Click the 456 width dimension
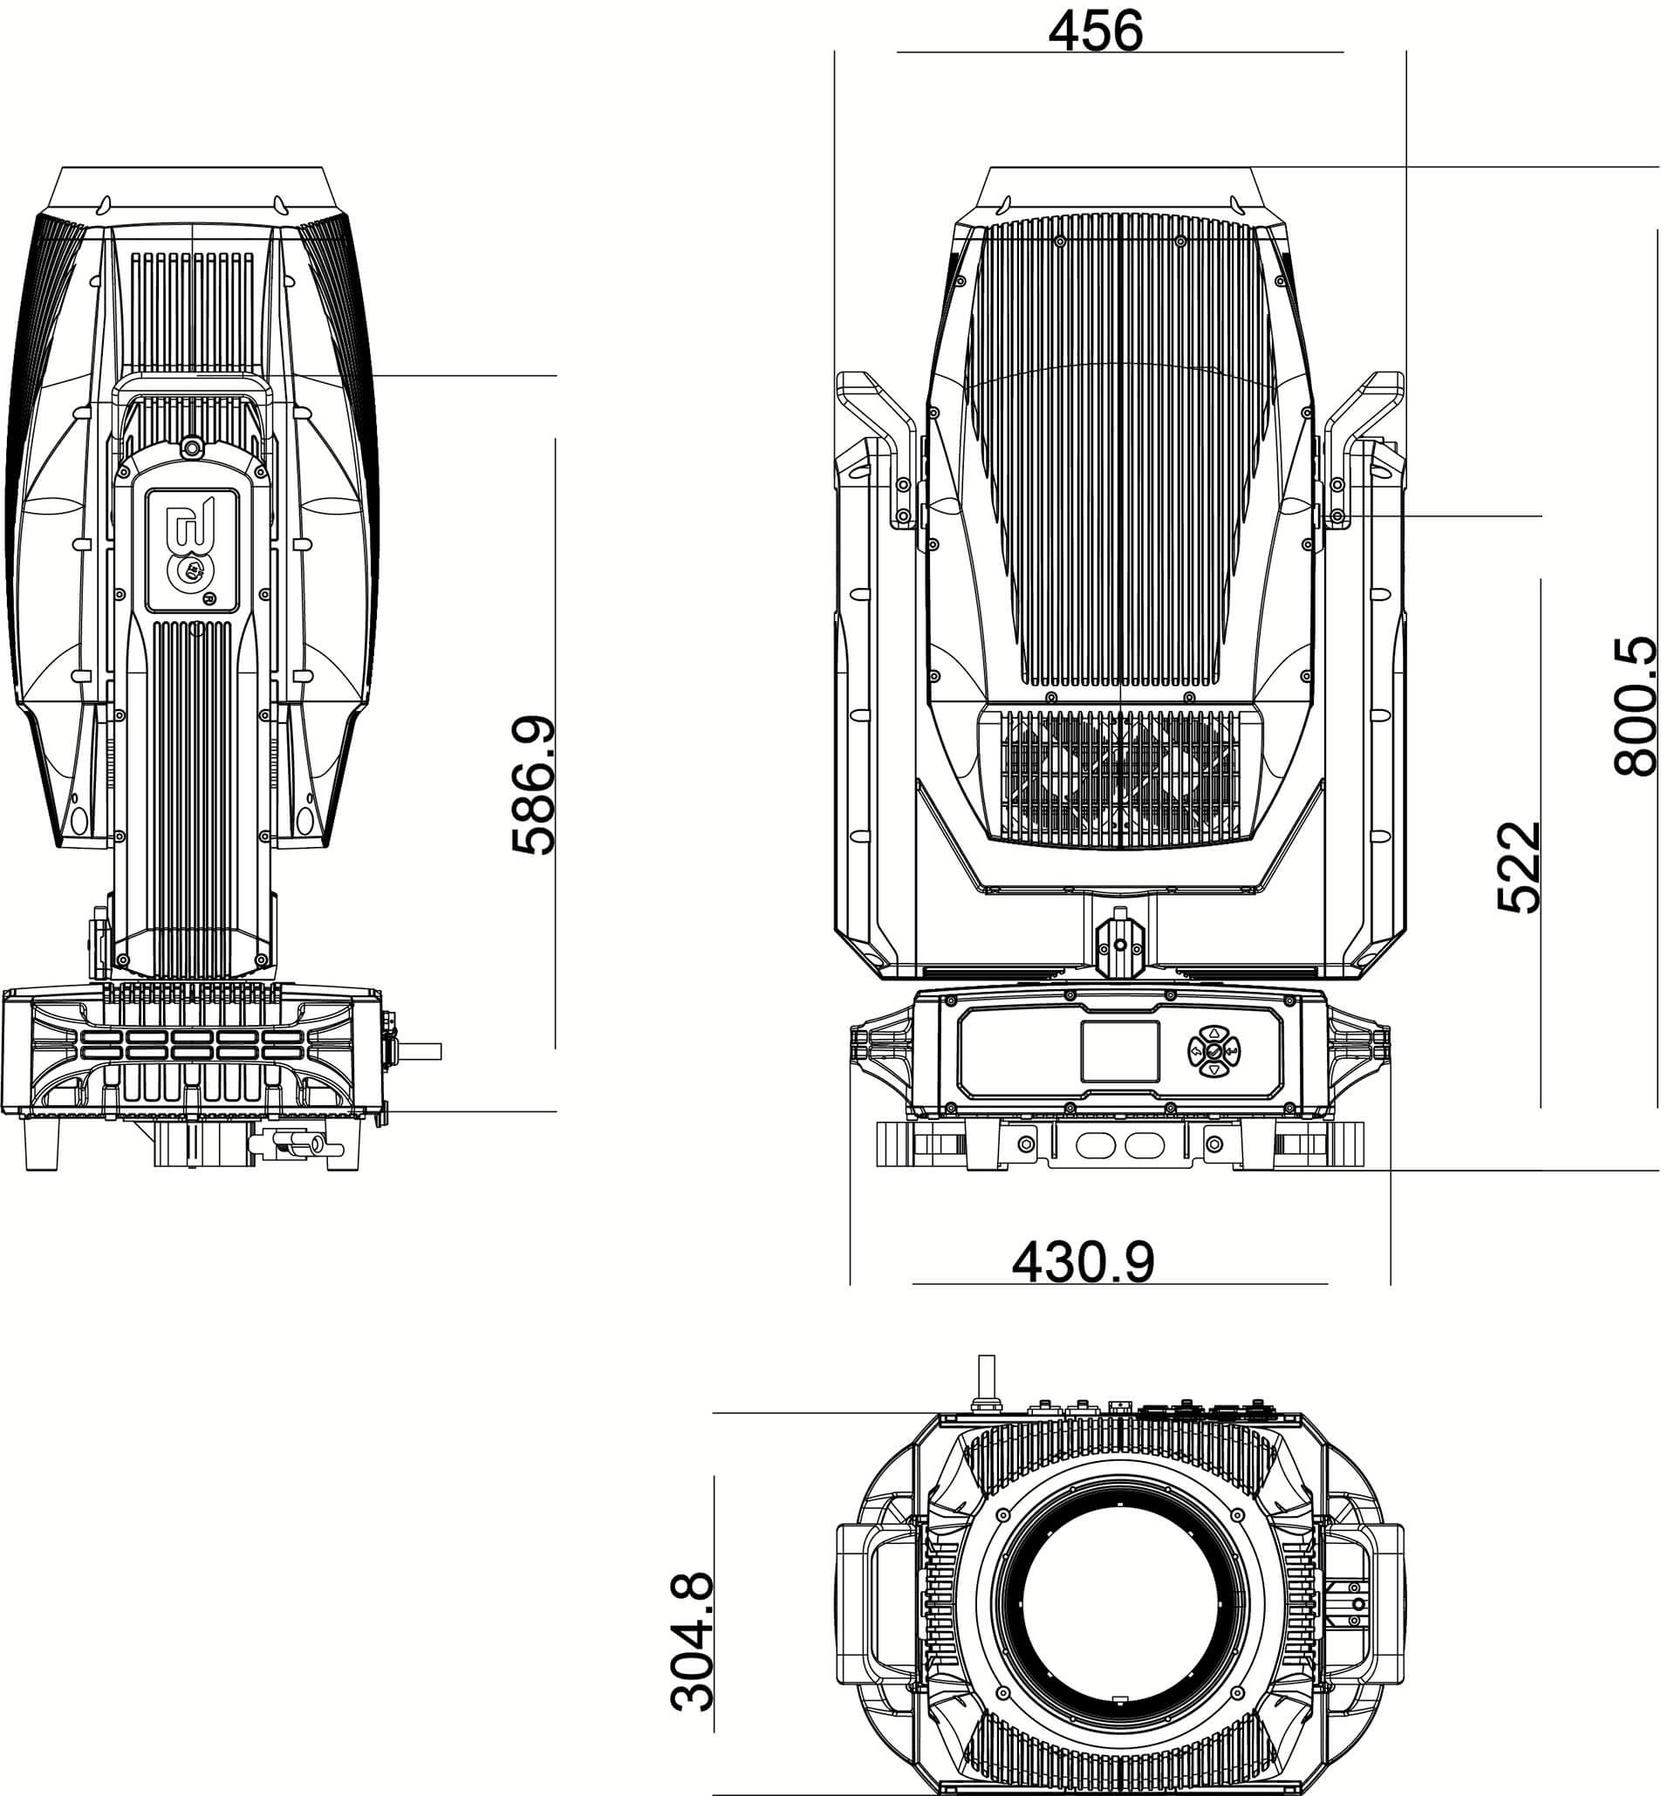(1094, 31)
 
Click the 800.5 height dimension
(1636, 706)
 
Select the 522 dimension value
(1518, 866)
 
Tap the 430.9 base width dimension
(1083, 1261)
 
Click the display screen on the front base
(1120, 1051)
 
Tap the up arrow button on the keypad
(1214, 1032)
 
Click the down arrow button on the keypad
(1214, 1069)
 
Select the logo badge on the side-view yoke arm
(193, 550)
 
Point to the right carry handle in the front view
(1363, 447)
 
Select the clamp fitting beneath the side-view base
(294, 1147)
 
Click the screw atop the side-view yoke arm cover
(192, 447)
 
